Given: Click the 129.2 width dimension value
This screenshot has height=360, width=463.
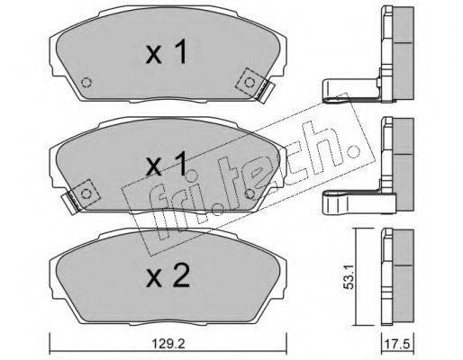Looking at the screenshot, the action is [168, 344].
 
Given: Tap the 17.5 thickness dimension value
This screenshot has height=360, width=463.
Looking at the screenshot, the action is [398, 344].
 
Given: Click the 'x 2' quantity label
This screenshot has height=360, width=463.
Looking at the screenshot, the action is [168, 275].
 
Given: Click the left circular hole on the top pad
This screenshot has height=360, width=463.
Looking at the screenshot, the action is [86, 82].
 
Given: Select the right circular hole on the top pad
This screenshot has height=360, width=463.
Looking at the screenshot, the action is [249, 82].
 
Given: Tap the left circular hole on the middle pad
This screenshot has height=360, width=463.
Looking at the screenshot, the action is [86, 193].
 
